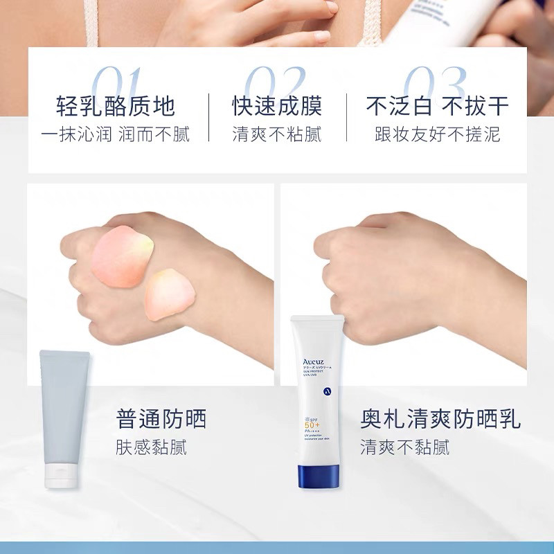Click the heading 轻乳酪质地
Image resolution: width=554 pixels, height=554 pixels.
pos(116,106)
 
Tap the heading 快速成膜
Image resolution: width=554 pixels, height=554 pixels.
pos(277,106)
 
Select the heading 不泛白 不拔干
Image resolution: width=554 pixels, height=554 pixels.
pos(438,106)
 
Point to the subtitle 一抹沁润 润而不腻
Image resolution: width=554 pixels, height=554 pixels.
pos(116,134)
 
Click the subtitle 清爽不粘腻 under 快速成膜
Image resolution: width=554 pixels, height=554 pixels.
pos(277,134)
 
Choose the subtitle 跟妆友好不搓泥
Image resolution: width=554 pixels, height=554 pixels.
pos(438,134)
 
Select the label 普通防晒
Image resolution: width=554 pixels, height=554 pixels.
pos(161,419)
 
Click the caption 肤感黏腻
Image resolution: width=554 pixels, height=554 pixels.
pos(151,447)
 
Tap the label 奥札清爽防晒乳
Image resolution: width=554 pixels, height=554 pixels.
pos(440,419)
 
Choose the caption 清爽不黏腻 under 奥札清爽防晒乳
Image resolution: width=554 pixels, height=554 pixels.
pos(404,447)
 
